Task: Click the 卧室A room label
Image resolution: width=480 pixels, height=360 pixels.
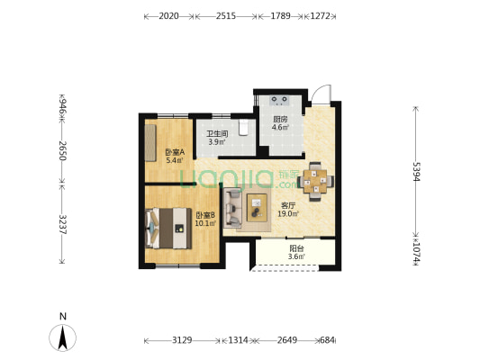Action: click(x=175, y=152)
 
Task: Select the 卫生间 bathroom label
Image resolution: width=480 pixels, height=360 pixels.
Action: click(x=217, y=134)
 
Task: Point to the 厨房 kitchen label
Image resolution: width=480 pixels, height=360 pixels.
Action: click(x=280, y=120)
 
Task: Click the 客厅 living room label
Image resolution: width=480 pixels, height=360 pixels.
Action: click(x=288, y=205)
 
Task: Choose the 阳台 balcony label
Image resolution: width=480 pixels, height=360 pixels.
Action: click(x=296, y=248)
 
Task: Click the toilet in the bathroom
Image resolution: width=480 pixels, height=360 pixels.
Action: click(x=243, y=127)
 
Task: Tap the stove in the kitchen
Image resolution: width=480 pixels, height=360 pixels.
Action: click(x=279, y=100)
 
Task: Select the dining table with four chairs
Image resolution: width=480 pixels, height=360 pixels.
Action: click(x=315, y=182)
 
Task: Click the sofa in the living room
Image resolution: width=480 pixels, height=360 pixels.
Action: click(x=232, y=209)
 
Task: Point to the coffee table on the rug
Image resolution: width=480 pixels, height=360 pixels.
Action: click(x=257, y=208)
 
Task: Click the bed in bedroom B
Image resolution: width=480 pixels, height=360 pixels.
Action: click(x=168, y=229)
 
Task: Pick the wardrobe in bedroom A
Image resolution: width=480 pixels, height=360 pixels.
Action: click(x=150, y=143)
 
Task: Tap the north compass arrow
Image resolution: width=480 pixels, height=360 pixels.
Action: click(x=63, y=337)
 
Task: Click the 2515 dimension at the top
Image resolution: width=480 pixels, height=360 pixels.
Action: click(x=226, y=16)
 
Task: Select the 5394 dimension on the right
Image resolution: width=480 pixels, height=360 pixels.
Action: click(x=415, y=172)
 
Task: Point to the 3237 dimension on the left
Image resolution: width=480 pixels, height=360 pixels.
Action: click(x=62, y=224)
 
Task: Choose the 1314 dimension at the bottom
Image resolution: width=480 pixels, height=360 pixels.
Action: click(x=238, y=340)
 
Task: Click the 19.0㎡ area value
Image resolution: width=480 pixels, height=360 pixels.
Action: click(x=288, y=214)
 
